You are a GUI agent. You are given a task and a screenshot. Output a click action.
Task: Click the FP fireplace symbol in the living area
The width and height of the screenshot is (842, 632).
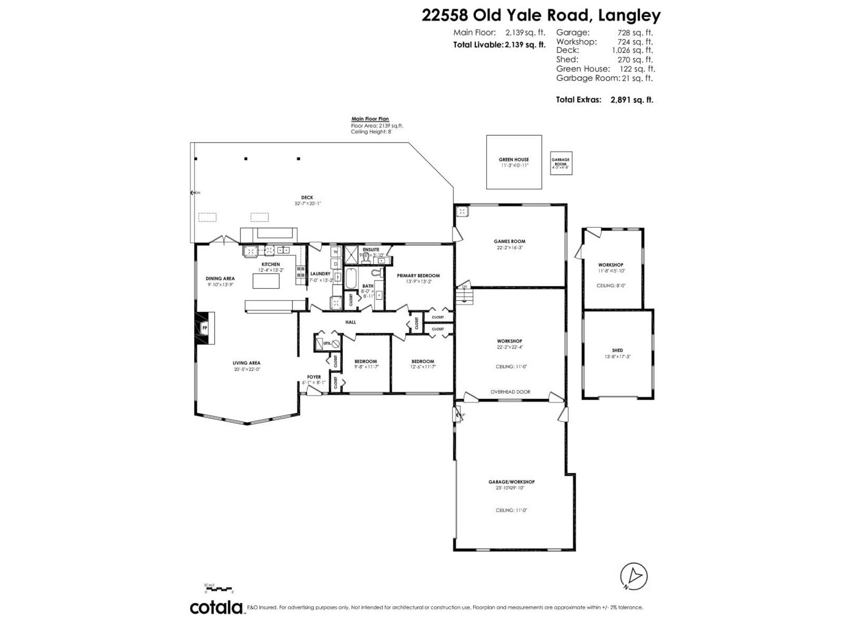(204, 328)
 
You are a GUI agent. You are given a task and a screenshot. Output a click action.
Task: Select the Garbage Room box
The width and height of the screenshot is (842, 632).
(561, 163)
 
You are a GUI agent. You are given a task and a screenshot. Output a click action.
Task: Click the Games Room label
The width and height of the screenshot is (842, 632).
(509, 241)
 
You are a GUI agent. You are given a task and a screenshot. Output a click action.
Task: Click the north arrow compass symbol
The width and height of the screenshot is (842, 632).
(633, 576)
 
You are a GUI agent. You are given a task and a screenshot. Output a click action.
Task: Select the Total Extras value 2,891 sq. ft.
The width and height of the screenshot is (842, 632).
(631, 100)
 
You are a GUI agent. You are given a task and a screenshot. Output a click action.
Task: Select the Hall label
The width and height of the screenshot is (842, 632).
(351, 322)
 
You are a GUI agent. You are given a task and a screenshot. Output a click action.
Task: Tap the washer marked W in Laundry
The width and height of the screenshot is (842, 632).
(336, 251)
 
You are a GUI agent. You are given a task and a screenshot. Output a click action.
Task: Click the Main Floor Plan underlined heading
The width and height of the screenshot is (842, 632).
(370, 119)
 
